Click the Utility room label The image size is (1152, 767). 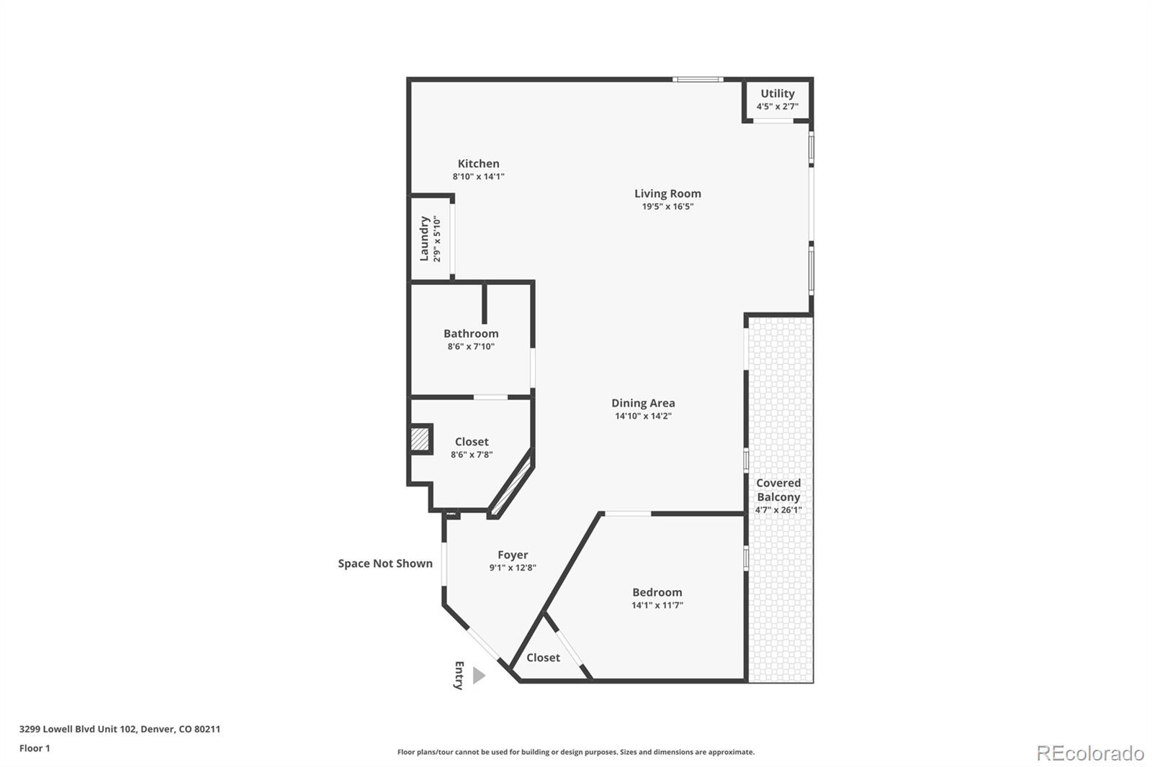[777, 94]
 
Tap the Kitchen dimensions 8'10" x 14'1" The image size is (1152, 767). [478, 176]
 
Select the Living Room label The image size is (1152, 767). [667, 194]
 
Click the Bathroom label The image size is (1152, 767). [471, 334]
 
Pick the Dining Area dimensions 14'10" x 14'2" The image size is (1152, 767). [643, 416]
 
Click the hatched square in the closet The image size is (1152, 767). [420, 439]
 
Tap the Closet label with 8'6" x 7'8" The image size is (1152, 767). [472, 442]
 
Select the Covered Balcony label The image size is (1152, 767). [778, 490]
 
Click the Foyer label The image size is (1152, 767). [513, 555]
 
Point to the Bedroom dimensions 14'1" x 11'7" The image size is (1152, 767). [657, 605]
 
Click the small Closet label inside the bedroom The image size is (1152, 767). [543, 658]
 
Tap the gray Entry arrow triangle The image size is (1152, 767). [479, 676]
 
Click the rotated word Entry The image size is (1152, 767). [459, 676]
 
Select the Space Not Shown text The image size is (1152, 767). [385, 563]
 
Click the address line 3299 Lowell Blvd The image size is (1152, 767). [120, 729]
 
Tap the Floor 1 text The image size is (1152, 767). [35, 748]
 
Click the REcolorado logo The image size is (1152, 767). [1089, 753]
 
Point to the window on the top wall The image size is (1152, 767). [698, 79]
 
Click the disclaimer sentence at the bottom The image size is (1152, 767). [576, 752]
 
